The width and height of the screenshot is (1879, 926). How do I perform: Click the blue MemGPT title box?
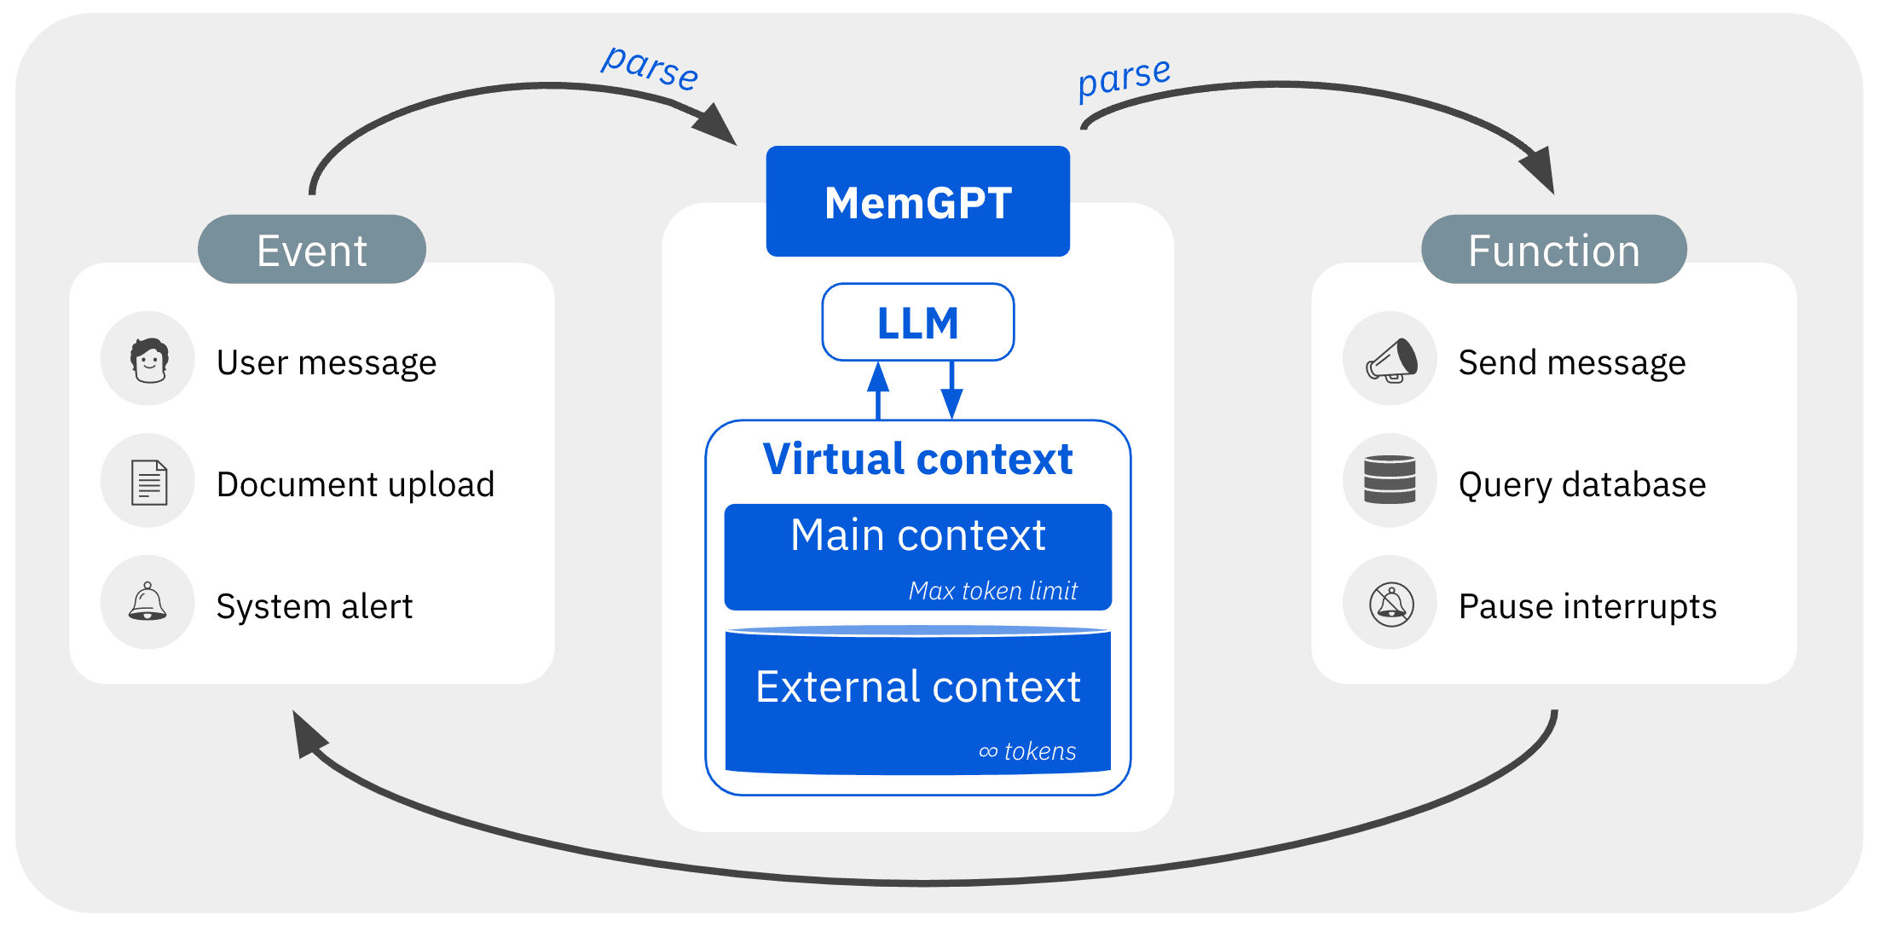click(x=917, y=201)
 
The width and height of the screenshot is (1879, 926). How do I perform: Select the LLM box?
click(x=917, y=322)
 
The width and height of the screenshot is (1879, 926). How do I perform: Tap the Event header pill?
click(x=311, y=249)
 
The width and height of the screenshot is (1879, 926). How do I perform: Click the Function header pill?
click(x=1553, y=249)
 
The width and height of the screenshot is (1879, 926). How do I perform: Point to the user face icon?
click(x=148, y=359)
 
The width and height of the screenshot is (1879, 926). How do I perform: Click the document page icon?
click(x=148, y=482)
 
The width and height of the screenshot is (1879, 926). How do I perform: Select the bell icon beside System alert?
click(x=147, y=602)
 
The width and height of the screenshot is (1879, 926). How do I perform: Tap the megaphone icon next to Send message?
click(x=1390, y=359)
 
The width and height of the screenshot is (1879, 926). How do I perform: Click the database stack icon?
click(x=1389, y=480)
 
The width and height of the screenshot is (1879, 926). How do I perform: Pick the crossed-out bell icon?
click(x=1390, y=604)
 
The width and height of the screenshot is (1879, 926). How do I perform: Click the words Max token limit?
click(x=992, y=590)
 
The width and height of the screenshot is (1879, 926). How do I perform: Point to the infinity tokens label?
click(x=1026, y=750)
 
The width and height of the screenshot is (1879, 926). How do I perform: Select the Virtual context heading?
click(x=917, y=459)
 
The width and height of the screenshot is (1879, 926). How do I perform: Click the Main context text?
click(x=917, y=535)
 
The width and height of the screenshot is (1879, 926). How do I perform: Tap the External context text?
click(x=917, y=686)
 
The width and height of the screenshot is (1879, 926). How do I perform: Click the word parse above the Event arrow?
click(x=650, y=67)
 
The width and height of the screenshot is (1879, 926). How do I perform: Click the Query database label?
click(x=1581, y=484)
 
